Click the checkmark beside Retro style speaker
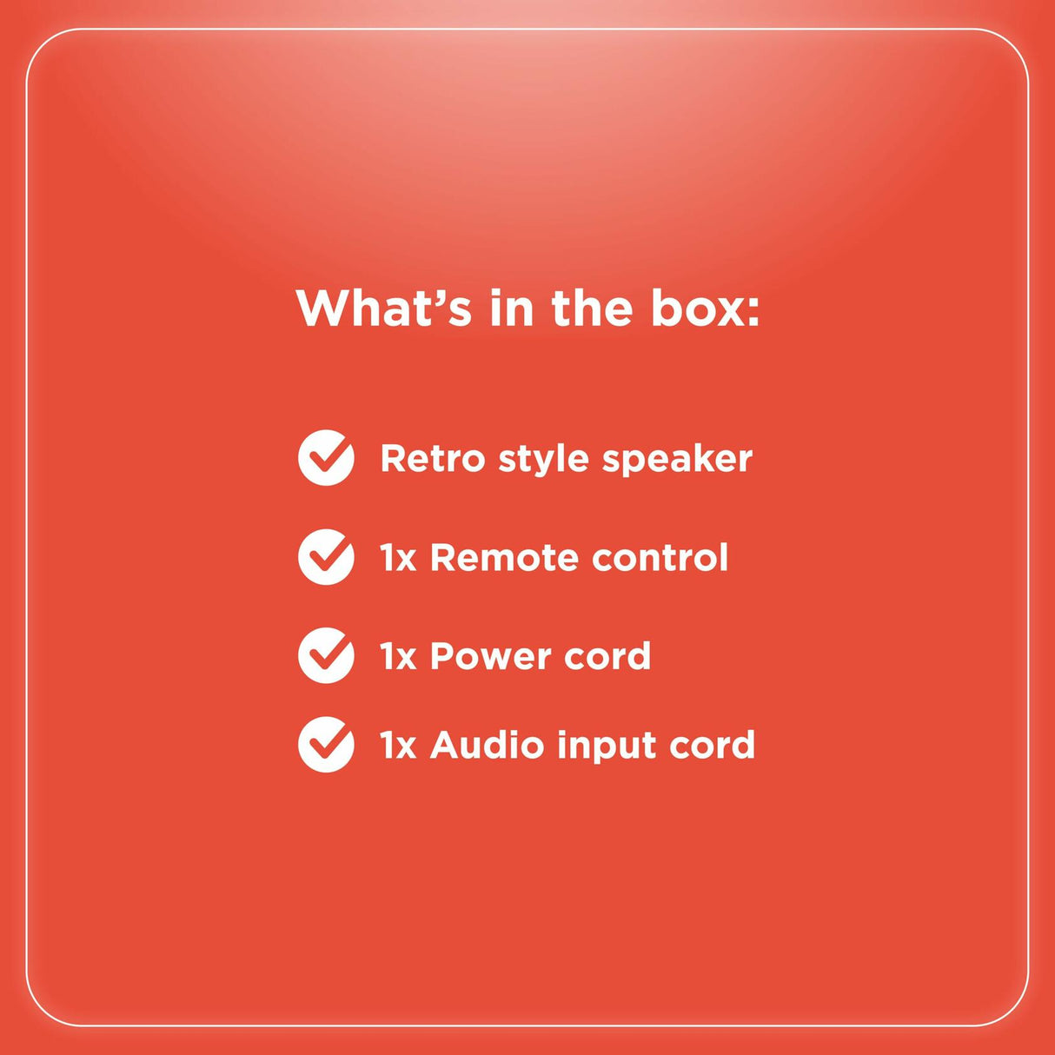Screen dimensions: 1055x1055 coord(326,458)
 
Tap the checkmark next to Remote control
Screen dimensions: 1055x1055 coord(326,557)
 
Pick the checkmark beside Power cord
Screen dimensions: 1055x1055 coord(326,655)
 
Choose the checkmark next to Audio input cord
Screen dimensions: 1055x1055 coord(326,745)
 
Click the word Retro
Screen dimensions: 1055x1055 coord(433,458)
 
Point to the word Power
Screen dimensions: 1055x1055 coord(490,656)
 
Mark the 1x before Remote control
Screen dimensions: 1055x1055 coord(398,558)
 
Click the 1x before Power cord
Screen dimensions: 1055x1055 coord(398,656)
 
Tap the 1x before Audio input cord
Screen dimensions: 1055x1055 coord(398,745)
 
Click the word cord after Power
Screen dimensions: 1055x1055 coord(607,656)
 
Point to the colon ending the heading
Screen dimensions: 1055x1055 coord(751,315)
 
